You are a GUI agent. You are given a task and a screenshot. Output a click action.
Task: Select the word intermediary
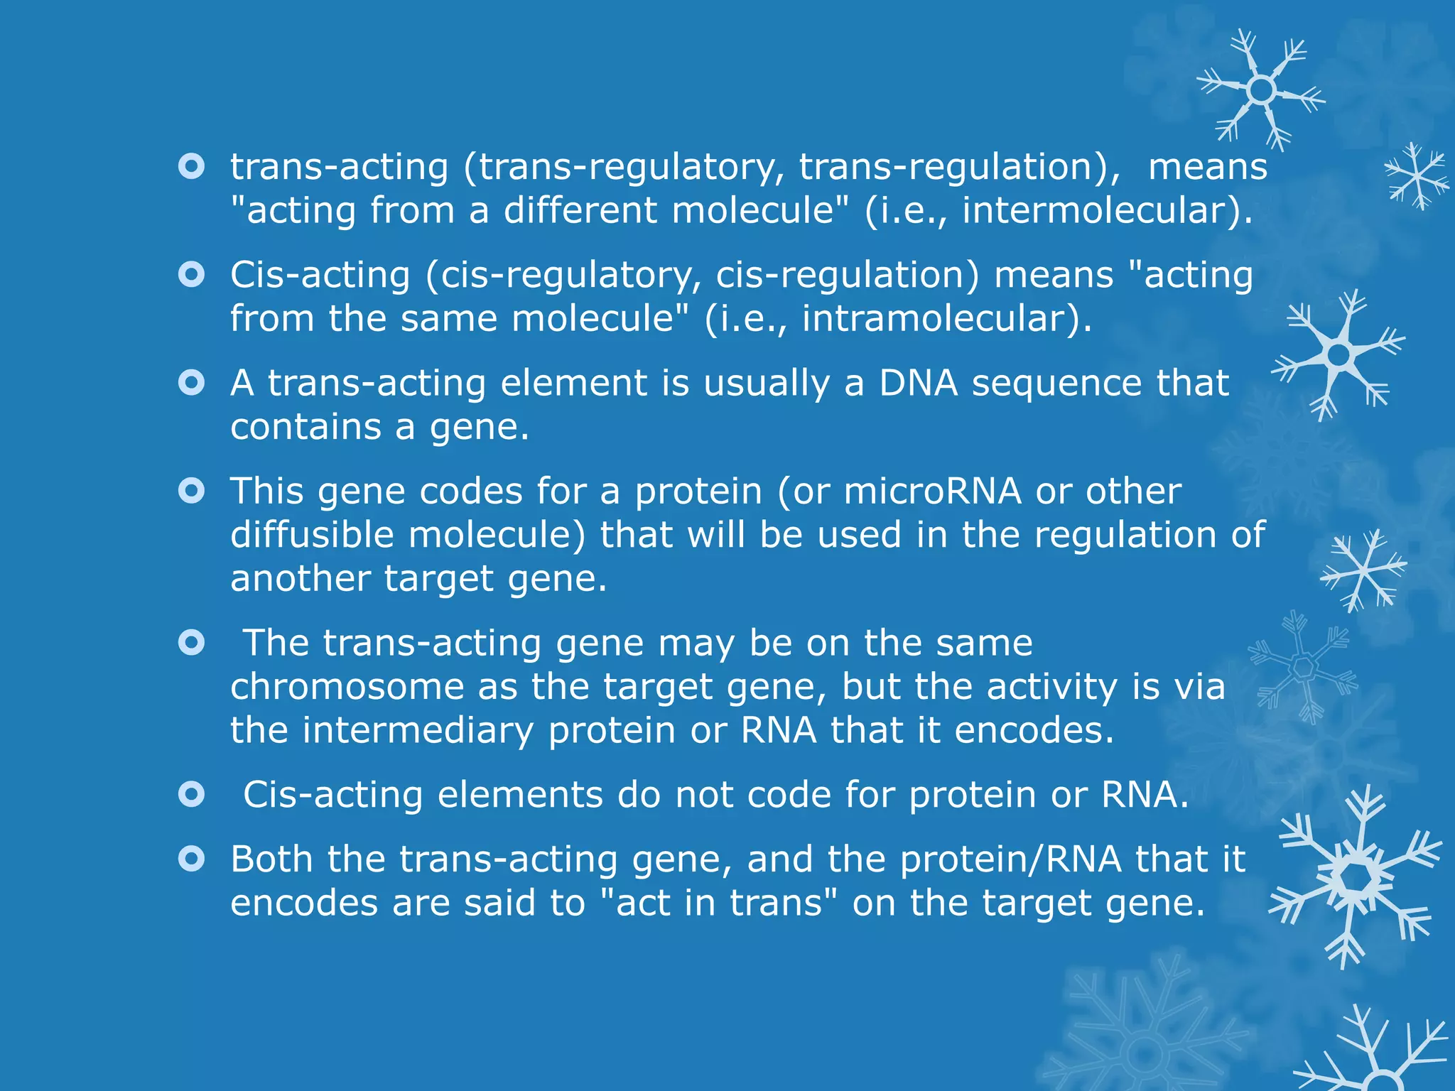tap(418, 730)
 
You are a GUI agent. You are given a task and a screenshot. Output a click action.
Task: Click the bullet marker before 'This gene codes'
tap(192, 491)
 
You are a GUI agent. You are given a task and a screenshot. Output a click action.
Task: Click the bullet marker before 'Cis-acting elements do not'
tap(192, 794)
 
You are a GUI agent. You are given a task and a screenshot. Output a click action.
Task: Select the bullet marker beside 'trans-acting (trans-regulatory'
tap(192, 167)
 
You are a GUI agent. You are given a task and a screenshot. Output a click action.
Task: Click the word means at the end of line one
tap(1208, 167)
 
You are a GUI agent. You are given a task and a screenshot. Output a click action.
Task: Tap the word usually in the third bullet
tap(767, 384)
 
